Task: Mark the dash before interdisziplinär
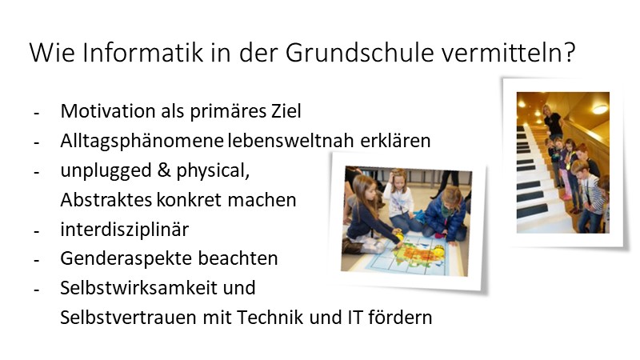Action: [36, 230]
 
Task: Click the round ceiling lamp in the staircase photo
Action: [599, 108]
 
